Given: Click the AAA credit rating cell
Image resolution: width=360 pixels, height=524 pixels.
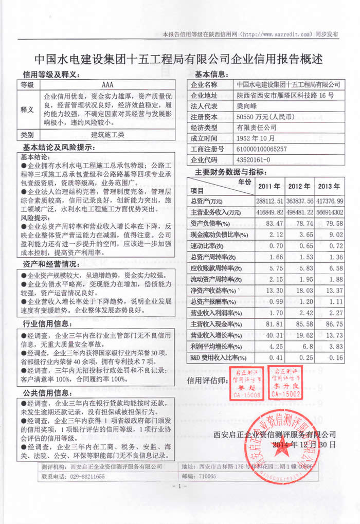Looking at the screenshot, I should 108,85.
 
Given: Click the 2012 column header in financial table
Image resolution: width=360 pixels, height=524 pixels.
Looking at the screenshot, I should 300,186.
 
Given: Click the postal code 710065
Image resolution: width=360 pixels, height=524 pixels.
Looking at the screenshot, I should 206,477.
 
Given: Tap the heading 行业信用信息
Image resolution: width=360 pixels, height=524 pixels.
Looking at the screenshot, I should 49,323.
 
